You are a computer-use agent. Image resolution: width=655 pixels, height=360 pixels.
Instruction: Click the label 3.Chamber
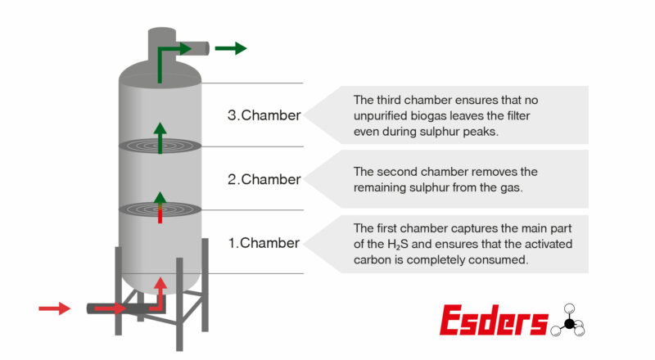264,115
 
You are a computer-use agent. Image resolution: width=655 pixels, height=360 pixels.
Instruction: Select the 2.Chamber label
264,179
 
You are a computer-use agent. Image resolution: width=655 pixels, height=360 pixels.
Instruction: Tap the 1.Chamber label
264,242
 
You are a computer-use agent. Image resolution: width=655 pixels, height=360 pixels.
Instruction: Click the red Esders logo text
493,321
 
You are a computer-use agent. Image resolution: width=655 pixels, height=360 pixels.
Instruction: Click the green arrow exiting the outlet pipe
230,48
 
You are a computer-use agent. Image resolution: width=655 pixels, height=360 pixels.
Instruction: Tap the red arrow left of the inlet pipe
55,308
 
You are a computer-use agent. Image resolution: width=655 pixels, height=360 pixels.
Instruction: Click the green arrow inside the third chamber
160,137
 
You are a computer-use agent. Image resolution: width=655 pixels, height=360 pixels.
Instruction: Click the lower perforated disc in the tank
160,209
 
